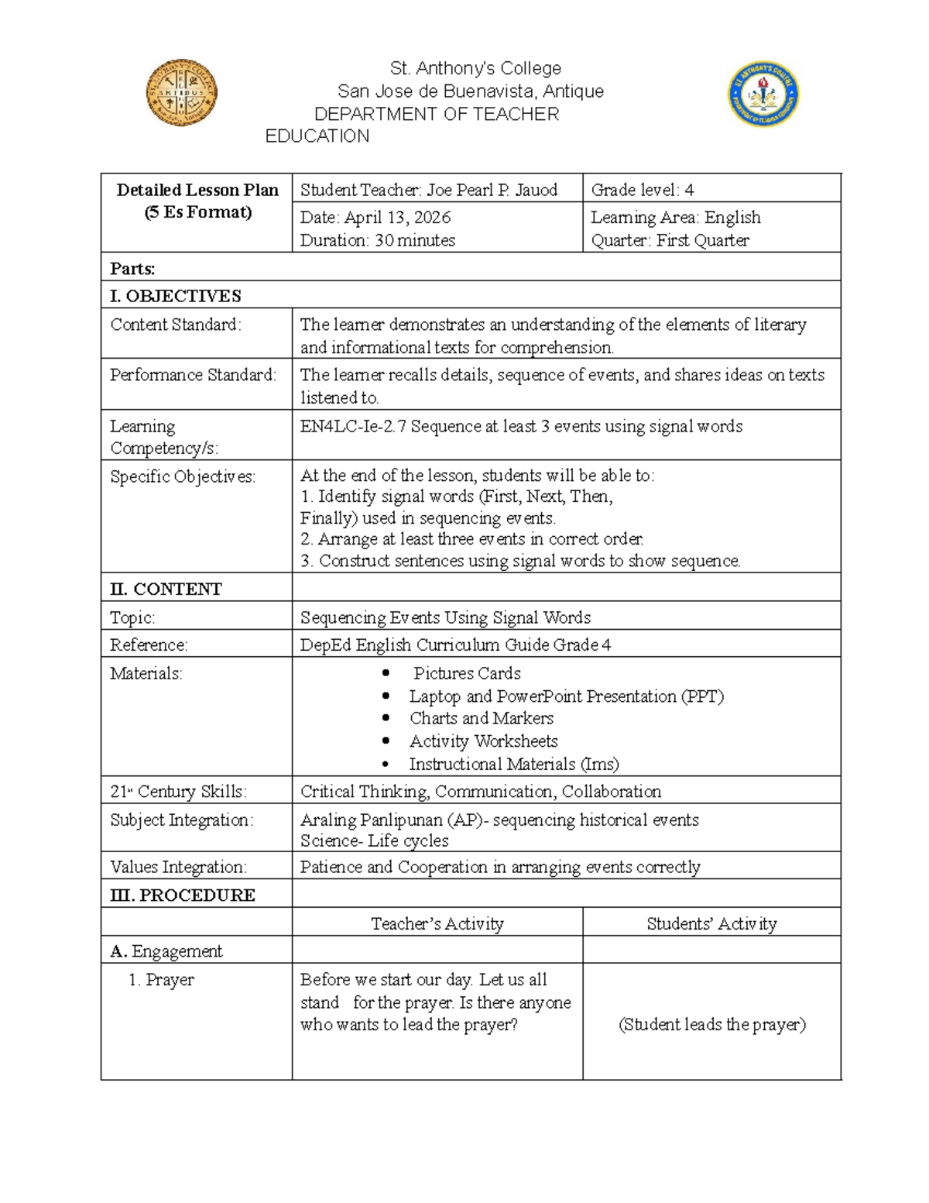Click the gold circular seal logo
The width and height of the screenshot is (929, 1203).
click(181, 92)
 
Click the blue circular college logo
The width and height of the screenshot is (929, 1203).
click(763, 95)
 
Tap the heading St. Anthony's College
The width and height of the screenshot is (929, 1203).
click(475, 68)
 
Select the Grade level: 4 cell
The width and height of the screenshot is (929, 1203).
click(643, 190)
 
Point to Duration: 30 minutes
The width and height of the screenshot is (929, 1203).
click(377, 240)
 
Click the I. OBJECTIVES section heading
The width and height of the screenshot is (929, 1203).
click(176, 296)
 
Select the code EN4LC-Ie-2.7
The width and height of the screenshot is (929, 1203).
click(353, 426)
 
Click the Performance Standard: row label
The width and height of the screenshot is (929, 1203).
click(193, 375)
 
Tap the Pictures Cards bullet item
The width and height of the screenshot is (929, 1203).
click(466, 673)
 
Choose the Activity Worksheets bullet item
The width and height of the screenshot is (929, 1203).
click(483, 741)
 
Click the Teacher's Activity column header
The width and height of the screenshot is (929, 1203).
click(437, 923)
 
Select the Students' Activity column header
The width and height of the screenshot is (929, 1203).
click(711, 923)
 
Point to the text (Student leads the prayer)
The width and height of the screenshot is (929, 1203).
click(711, 1024)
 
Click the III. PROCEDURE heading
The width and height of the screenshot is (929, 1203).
click(183, 895)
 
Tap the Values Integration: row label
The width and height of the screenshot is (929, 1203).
click(178, 867)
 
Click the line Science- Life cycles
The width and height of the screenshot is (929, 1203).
click(374, 840)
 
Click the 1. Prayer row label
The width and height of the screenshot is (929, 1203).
click(161, 980)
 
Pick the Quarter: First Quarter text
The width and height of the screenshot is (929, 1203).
click(670, 240)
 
